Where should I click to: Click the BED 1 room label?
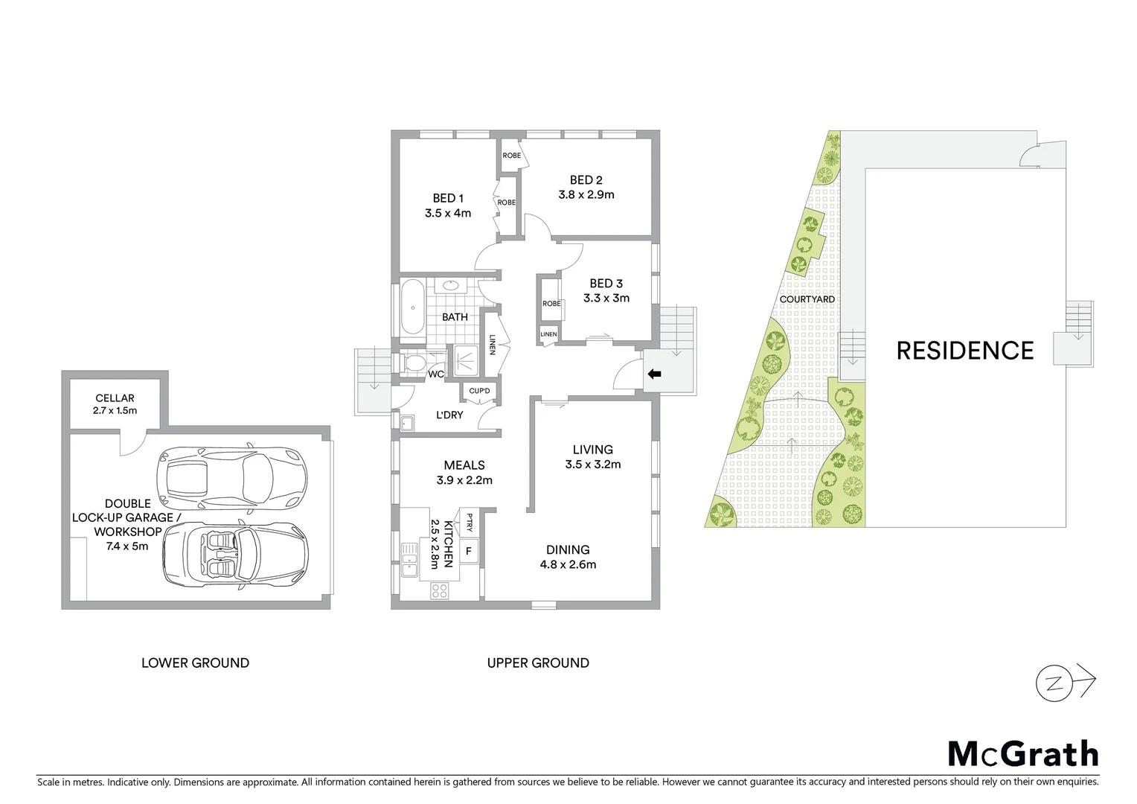[448, 198]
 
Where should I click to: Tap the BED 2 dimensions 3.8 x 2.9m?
[586, 195]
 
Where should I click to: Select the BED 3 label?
[606, 284]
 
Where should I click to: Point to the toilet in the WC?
[414, 364]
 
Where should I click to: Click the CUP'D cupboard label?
[479, 391]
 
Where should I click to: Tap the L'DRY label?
[449, 415]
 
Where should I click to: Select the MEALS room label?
[464, 465]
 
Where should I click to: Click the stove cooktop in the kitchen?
[439, 591]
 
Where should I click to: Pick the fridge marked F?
[468, 552]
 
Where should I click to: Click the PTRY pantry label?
[470, 521]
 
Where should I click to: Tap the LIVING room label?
[592, 450]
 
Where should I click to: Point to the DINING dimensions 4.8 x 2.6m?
[568, 564]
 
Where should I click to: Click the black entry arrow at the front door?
[654, 374]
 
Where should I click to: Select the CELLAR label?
[115, 398]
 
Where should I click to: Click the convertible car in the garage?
[235, 552]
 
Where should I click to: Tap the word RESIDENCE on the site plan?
[964, 351]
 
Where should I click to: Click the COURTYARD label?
[807, 299]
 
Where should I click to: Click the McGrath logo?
[1022, 753]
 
